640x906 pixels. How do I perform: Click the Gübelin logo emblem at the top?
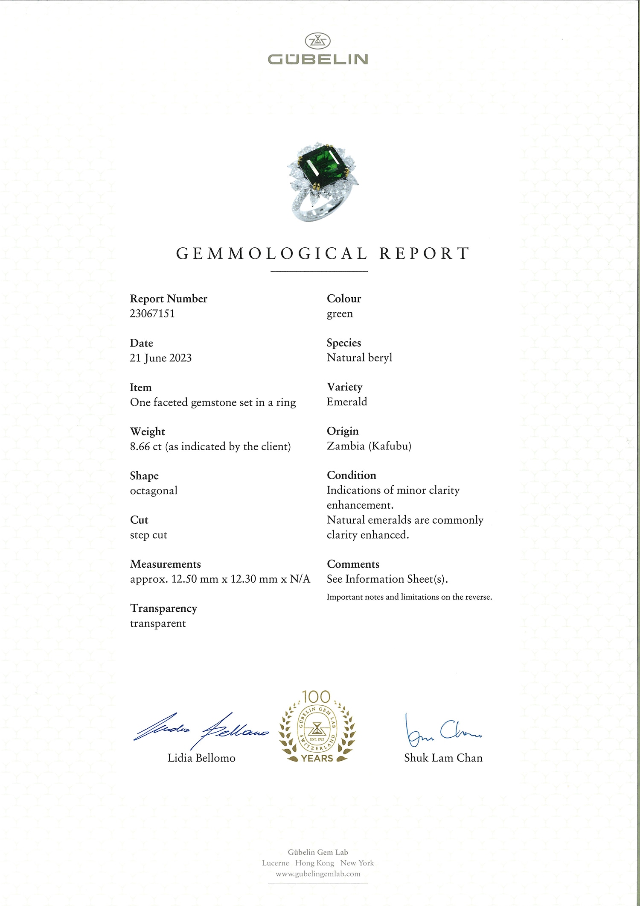[x=317, y=41]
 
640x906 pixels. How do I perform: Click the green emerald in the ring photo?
[x=323, y=167]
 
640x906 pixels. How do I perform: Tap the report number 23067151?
[x=152, y=314]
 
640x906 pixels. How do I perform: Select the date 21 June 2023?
[x=160, y=358]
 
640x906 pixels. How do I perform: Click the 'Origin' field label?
[x=343, y=431]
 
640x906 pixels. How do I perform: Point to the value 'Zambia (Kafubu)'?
[x=369, y=446]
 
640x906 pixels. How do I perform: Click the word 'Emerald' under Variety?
[x=346, y=402]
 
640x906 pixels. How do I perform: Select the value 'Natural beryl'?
[x=359, y=358]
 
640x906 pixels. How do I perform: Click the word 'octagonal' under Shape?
[x=154, y=491]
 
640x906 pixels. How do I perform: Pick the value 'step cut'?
[x=148, y=535]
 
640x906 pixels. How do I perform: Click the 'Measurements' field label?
[x=165, y=564]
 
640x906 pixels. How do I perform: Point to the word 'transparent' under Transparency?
[x=158, y=624]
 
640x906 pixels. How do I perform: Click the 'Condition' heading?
[x=351, y=475]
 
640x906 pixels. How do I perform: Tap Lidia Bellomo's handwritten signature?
[x=201, y=731]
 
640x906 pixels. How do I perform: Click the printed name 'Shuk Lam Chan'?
[x=443, y=758]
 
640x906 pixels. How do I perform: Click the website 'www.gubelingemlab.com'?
[x=318, y=874]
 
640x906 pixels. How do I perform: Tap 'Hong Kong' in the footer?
[x=314, y=863]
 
